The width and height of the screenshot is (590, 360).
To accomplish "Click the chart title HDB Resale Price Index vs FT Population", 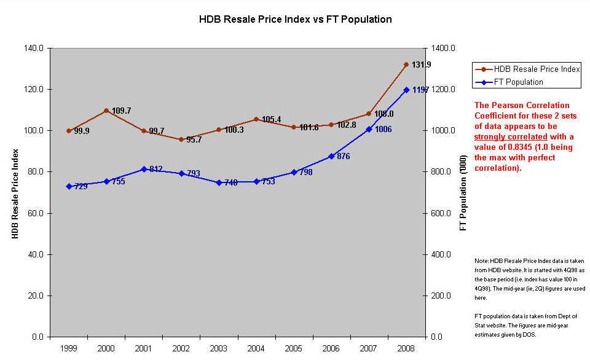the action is (296, 19).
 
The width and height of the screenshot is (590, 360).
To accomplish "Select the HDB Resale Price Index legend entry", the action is (527, 69).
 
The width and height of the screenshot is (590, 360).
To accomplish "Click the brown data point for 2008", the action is (406, 65).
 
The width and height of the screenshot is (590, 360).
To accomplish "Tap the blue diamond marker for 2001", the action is (144, 170).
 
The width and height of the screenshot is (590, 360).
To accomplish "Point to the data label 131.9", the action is (422, 65).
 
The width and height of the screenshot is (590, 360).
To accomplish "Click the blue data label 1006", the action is (383, 130).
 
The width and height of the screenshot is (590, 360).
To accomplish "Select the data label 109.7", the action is (122, 111).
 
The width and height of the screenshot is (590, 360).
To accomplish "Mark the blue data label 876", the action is (344, 156).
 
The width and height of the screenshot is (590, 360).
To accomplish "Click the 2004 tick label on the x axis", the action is (256, 348).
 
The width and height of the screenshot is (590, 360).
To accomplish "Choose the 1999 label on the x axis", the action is (68, 348).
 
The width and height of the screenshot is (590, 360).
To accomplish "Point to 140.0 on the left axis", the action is (33, 48).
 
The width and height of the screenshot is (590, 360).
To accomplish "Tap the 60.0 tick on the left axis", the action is (36, 213).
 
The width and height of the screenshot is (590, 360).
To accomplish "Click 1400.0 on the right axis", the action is (443, 48).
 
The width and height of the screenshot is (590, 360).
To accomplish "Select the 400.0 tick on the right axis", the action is (441, 255).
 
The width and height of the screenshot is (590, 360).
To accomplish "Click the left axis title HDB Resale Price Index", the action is (15, 194).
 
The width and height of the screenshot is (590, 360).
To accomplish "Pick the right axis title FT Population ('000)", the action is (463, 193).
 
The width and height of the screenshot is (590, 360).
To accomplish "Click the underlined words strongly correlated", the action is (511, 136).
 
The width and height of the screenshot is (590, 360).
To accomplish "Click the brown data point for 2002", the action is (181, 139).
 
